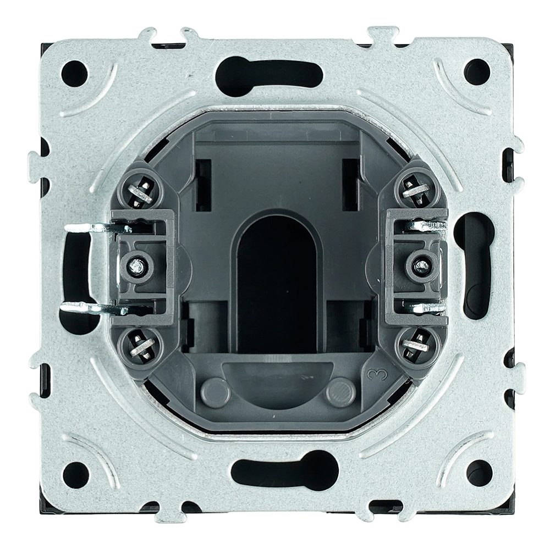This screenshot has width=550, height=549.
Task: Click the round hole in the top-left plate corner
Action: (74, 73)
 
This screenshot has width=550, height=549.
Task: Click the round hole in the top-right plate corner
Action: (477, 71)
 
